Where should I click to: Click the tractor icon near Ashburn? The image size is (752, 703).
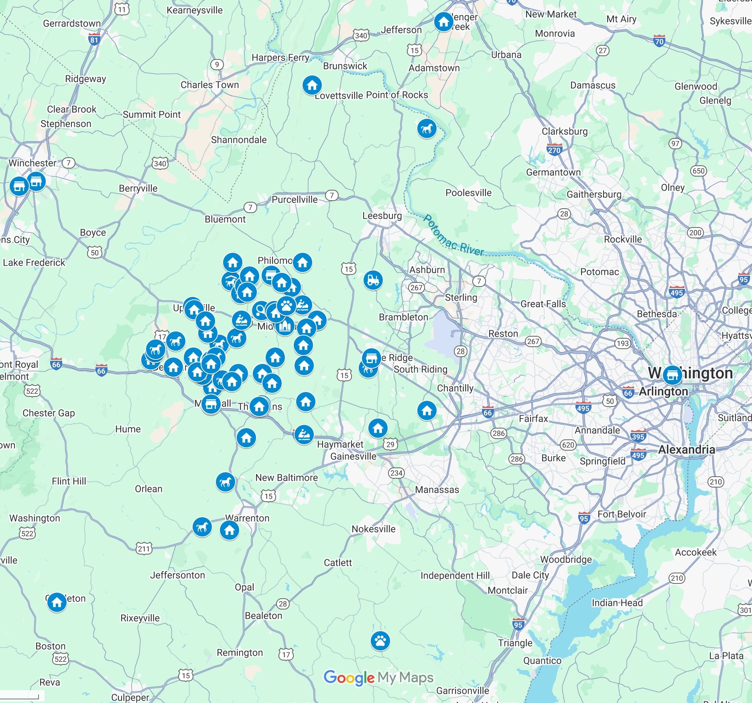(373, 280)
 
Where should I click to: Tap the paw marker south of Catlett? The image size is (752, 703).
(380, 641)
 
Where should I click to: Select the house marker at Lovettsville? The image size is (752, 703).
(312, 85)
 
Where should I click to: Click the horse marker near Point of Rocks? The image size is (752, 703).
(427, 129)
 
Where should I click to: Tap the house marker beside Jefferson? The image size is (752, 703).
(443, 21)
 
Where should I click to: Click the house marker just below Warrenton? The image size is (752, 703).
(230, 530)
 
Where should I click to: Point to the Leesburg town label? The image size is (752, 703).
(382, 215)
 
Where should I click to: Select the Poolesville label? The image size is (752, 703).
(468, 193)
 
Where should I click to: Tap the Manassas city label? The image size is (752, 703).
(437, 490)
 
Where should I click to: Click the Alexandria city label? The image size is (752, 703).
(687, 449)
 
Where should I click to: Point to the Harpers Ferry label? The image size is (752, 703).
(280, 57)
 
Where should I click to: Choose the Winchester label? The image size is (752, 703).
(33, 163)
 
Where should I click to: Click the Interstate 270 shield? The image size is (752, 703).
(554, 150)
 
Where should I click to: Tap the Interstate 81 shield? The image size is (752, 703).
(94, 39)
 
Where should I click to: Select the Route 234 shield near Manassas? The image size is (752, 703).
(396, 473)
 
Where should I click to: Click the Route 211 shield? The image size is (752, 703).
(144, 549)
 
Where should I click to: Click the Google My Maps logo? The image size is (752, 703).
(378, 678)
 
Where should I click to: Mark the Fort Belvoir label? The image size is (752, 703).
(622, 514)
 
